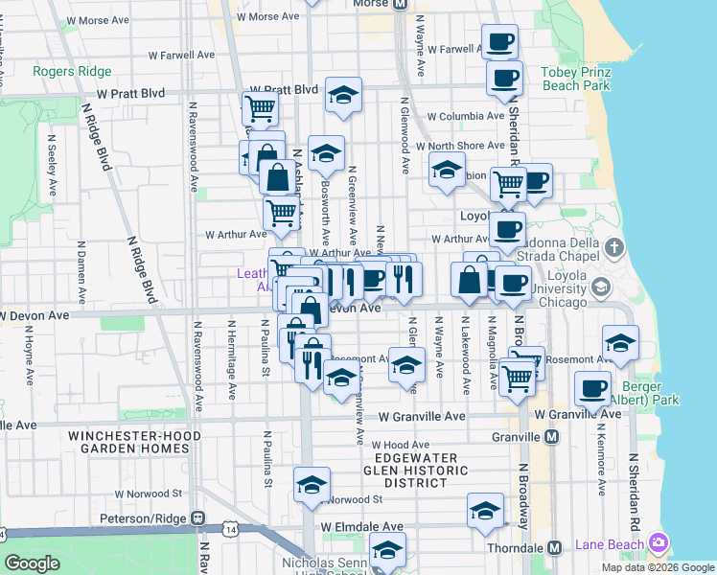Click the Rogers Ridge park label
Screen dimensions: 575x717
tap(72, 72)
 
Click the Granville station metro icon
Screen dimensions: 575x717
tap(551, 437)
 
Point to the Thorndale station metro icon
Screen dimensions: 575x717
tap(554, 547)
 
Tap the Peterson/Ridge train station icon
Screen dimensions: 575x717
tap(197, 517)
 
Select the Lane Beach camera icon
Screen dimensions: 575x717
tap(658, 543)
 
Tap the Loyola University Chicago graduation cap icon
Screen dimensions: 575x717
tap(601, 287)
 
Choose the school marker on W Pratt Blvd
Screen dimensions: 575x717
tap(343, 96)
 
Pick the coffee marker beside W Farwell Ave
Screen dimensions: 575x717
tap(499, 43)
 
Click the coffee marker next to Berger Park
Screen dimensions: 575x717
tap(592, 389)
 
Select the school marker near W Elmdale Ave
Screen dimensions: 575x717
tap(486, 512)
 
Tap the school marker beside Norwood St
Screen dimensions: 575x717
tap(312, 486)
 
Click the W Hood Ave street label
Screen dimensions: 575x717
tap(401, 445)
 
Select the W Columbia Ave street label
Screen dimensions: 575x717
tap(466, 117)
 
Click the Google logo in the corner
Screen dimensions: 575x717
tap(31, 563)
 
